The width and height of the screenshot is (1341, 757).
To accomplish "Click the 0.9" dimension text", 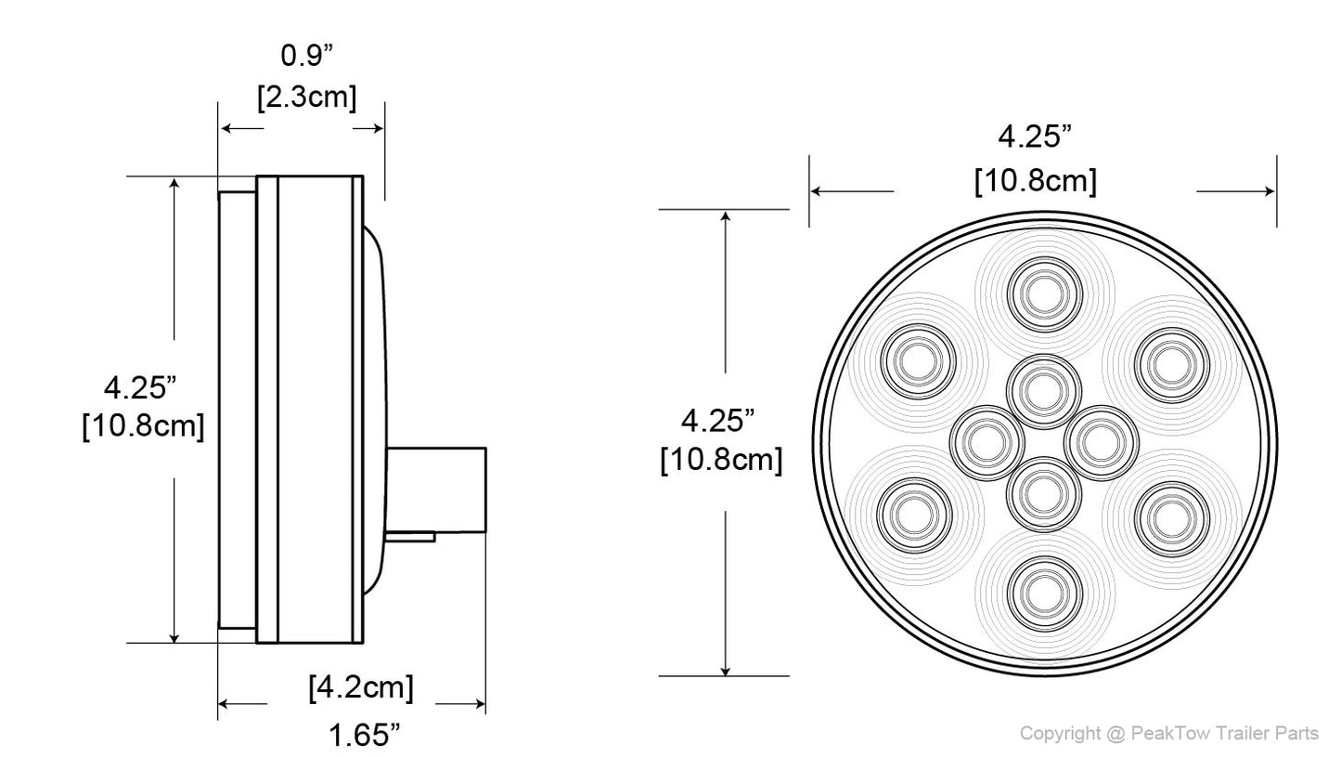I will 306,56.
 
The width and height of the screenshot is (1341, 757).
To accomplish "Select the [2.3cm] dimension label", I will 306,95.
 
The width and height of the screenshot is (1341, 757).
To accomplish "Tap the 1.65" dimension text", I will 364,736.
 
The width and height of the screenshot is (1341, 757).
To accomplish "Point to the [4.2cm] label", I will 361,687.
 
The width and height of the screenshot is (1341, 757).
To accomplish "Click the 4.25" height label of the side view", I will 140,385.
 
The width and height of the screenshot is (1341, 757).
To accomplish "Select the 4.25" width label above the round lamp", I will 1035,137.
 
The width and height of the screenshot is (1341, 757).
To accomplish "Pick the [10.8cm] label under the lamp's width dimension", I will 1035,180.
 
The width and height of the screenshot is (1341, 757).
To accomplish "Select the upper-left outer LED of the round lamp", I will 917,360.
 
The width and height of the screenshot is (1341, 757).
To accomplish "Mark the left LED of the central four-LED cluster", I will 987,443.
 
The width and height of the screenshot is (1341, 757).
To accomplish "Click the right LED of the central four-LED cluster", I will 1102,443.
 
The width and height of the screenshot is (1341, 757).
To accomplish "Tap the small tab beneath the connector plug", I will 411,536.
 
